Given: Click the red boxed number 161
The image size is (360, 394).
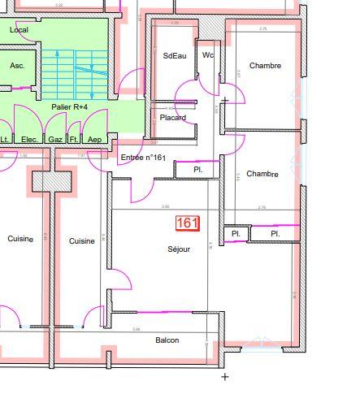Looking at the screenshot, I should (187, 222).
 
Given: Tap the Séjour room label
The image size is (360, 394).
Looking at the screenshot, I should (179, 249).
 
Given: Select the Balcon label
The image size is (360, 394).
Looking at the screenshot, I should (167, 340).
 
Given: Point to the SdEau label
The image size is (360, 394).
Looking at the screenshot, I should (175, 56).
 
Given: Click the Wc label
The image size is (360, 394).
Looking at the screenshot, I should (208, 55).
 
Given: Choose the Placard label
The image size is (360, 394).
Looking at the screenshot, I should (172, 118).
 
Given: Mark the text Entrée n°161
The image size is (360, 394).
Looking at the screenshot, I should (143, 158).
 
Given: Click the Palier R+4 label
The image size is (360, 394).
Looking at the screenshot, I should (69, 106).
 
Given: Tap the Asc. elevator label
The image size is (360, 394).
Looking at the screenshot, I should (17, 65).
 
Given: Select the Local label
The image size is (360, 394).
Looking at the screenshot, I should (19, 30).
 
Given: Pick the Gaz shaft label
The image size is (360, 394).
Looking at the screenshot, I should (55, 140).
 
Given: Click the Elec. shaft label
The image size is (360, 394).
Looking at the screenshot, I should (30, 140).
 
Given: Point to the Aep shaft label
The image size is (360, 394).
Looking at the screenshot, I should (94, 140).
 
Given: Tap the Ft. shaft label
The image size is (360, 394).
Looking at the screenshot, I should (74, 140).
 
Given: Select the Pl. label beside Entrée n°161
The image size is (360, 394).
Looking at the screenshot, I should (198, 170).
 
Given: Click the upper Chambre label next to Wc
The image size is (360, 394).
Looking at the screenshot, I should (265, 66).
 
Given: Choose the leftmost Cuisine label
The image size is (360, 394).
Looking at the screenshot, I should (20, 239).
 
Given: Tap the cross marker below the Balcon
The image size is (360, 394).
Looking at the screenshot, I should (225, 376).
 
